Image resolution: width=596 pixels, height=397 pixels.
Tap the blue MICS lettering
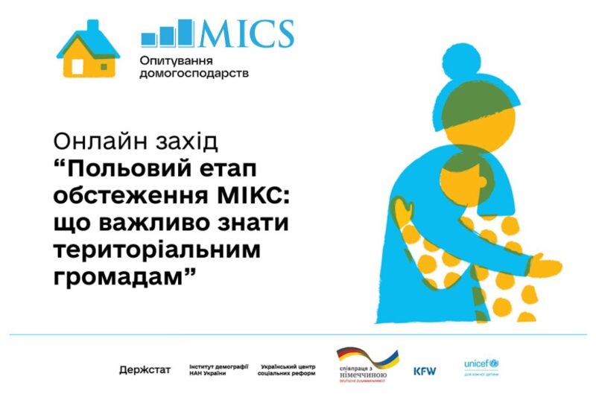245,34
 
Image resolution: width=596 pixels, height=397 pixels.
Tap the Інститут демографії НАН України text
218,370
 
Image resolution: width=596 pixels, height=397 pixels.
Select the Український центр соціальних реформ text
287,370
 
